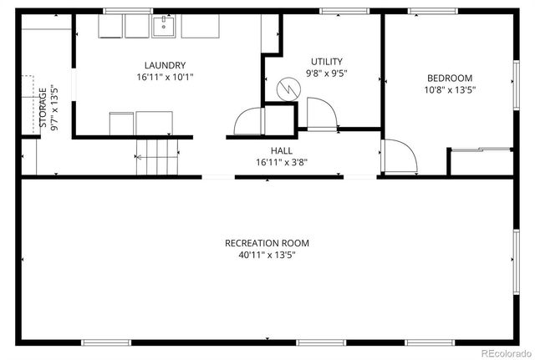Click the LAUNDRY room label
click(x=165, y=65)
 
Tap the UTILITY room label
click(x=326, y=61)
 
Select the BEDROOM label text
click(x=450, y=79)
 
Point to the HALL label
click(x=280, y=150)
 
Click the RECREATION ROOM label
click(x=267, y=243)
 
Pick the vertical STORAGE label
click(x=43, y=109)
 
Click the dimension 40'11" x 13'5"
click(x=267, y=256)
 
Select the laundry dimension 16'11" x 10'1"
click(x=165, y=77)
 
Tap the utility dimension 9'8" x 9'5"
click(x=326, y=73)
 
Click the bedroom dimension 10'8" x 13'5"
click(x=450, y=91)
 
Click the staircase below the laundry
click(x=158, y=156)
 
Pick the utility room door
click(x=321, y=114)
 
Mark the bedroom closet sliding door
click(x=481, y=150)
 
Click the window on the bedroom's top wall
click(x=432, y=11)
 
